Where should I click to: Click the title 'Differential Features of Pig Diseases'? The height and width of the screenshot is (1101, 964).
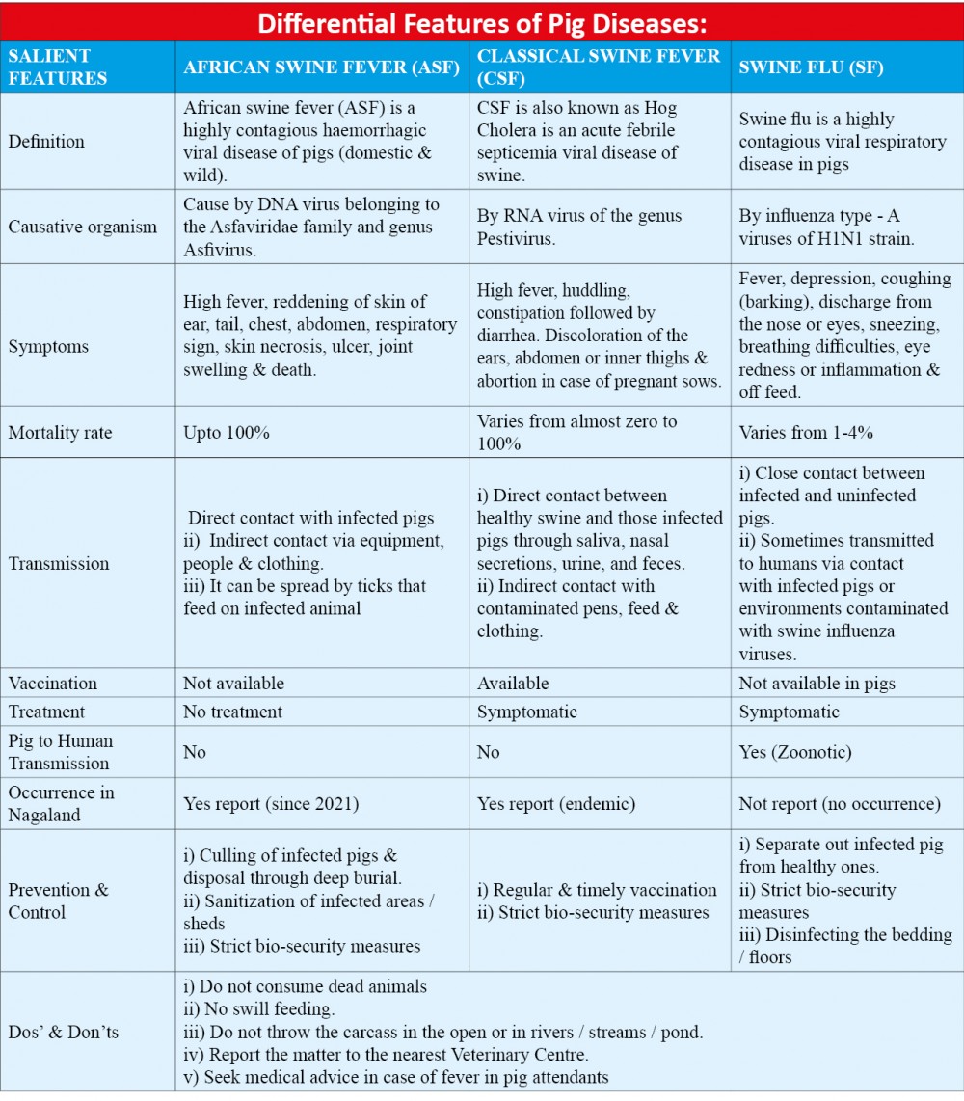click(x=481, y=20)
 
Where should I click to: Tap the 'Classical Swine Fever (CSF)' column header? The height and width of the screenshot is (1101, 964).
click(x=599, y=67)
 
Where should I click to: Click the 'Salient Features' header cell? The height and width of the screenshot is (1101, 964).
click(x=58, y=67)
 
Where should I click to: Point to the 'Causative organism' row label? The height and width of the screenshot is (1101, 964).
click(x=82, y=228)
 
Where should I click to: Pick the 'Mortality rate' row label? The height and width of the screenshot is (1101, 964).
click(x=60, y=433)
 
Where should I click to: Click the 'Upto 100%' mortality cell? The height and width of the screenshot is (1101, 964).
click(x=227, y=433)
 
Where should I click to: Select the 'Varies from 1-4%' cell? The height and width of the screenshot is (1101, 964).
click(x=806, y=433)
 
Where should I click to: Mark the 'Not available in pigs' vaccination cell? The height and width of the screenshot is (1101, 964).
click(x=817, y=684)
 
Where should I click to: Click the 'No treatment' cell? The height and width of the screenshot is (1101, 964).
click(x=233, y=712)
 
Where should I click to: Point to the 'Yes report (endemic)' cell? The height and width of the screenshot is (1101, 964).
click(x=556, y=803)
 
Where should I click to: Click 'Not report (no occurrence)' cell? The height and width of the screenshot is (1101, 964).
click(x=839, y=803)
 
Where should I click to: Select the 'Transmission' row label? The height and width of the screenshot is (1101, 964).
click(x=59, y=564)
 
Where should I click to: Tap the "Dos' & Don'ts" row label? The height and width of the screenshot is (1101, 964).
click(x=64, y=1033)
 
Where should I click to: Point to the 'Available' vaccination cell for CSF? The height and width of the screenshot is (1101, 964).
click(x=513, y=684)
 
